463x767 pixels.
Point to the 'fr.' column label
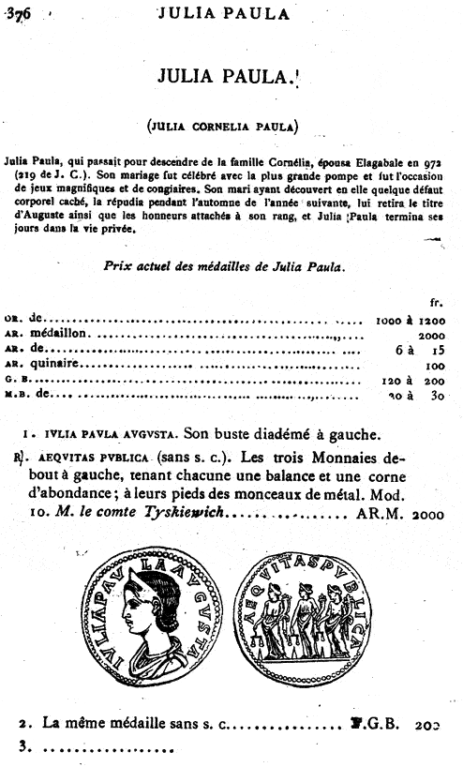[435, 302]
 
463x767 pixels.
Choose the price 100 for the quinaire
[433, 366]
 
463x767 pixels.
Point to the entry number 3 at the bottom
[23, 747]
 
